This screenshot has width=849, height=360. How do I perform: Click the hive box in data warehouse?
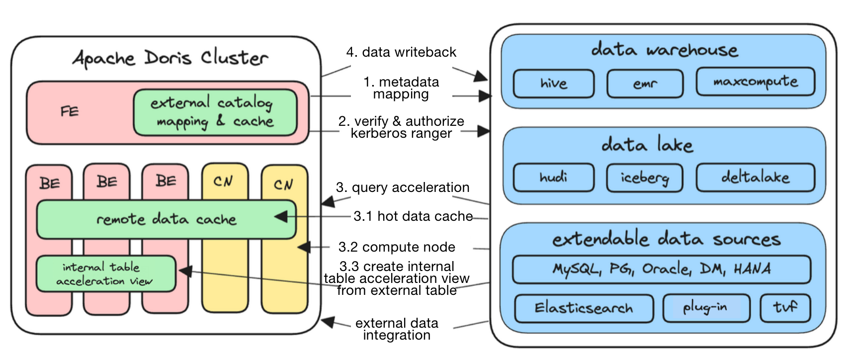(553, 83)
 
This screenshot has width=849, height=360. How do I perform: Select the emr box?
(645, 84)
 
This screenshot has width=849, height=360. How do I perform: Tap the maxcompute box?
(755, 82)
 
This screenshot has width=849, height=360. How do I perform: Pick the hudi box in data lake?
(553, 178)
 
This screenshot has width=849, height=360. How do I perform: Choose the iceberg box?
(645, 178)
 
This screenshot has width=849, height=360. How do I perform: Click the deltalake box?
(755, 178)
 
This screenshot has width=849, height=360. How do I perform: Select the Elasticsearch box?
(584, 308)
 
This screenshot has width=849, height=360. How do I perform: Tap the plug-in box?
(705, 308)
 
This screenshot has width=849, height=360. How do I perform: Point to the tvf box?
(785, 308)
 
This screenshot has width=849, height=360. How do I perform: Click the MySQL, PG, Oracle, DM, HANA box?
(661, 269)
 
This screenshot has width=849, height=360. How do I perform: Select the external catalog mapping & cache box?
(215, 112)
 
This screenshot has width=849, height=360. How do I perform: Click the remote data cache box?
(166, 219)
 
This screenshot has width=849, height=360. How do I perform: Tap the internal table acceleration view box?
(106, 274)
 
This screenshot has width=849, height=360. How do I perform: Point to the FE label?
(70, 111)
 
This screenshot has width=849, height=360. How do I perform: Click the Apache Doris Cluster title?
(170, 58)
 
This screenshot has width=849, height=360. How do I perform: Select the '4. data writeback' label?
(401, 52)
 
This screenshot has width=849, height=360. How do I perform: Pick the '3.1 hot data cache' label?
(413, 216)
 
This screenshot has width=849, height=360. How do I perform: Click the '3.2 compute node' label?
(397, 247)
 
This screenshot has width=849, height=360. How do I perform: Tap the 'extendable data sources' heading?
(666, 240)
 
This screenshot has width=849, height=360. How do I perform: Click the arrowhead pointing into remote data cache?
(281, 216)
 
